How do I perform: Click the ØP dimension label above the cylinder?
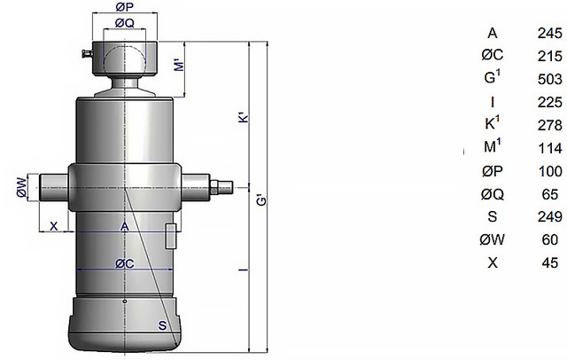(x=124, y=7)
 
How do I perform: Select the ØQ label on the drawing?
(x=124, y=23)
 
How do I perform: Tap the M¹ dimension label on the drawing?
(x=179, y=65)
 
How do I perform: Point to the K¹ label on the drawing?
(x=245, y=117)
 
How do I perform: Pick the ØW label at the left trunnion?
(x=22, y=187)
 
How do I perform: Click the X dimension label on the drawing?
(x=53, y=226)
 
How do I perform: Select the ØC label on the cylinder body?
(x=124, y=263)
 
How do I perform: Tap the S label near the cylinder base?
(x=162, y=325)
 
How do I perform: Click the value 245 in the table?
(x=550, y=34)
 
